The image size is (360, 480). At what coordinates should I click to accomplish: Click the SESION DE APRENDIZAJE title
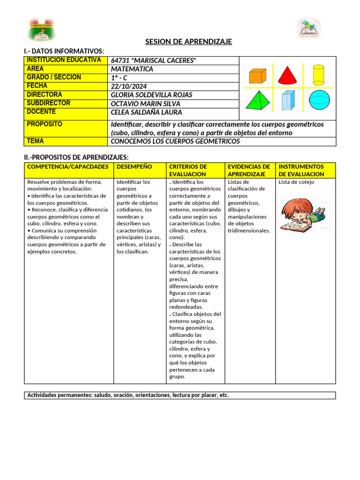click(188, 42)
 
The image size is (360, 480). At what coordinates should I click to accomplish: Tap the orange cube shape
click(257, 75)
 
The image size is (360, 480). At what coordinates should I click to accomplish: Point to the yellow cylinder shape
click(318, 74)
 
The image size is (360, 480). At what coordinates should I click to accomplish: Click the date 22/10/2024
click(129, 86)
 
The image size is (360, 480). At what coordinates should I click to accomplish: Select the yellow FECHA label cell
click(66, 86)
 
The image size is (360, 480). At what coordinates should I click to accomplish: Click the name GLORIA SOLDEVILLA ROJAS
click(151, 95)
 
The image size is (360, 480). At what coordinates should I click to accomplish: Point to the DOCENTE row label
click(66, 112)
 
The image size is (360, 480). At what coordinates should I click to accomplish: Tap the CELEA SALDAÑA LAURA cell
click(146, 112)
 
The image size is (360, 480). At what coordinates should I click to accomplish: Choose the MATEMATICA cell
click(132, 69)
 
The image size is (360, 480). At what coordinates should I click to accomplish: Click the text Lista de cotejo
click(296, 182)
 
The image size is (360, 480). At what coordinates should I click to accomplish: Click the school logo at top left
click(41, 29)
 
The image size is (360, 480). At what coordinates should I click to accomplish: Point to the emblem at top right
click(308, 28)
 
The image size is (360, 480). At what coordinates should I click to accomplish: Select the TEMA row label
click(66, 141)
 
